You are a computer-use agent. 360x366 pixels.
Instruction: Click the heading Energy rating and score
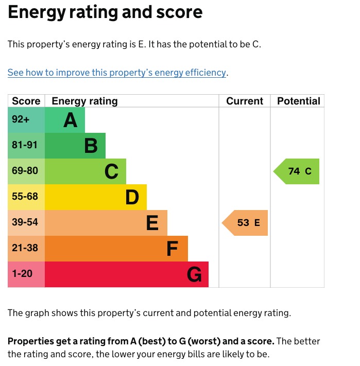tap(105, 12)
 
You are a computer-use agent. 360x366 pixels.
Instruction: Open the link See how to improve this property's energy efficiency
tap(117, 73)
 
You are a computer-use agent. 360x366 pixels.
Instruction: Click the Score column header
tap(26, 101)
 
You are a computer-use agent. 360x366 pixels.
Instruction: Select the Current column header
tap(245, 101)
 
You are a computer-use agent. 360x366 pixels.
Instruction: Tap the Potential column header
tap(298, 101)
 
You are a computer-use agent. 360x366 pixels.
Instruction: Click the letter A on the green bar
tap(70, 120)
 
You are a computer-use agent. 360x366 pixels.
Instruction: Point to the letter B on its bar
tap(91, 146)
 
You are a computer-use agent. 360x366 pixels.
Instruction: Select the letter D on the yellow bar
tap(132, 198)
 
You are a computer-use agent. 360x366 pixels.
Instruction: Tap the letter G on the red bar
tap(194, 275)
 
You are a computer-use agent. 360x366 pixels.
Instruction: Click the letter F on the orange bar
tap(173, 249)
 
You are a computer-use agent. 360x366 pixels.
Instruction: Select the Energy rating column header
tap(84, 101)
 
